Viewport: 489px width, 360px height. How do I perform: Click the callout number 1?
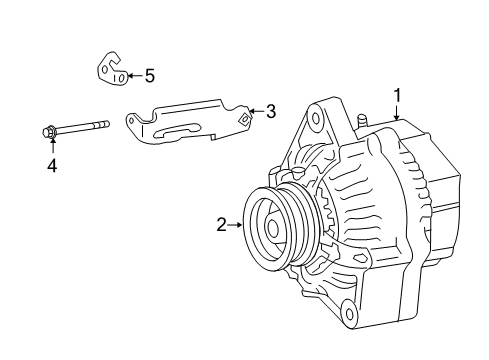tap(397, 95)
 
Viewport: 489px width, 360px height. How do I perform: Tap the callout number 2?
tap(222, 225)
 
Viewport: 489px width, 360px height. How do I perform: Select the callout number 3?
tap(270, 112)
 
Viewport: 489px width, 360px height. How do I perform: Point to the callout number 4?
tap(51, 165)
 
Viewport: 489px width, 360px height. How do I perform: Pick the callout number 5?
tap(149, 75)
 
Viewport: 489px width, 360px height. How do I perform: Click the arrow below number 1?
tap(397, 113)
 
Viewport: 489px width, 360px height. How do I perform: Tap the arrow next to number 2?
tap(238, 225)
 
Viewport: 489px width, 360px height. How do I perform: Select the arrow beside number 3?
tap(256, 112)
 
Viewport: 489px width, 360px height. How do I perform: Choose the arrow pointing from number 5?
tap(134, 75)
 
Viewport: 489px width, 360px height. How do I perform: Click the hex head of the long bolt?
tap(50, 129)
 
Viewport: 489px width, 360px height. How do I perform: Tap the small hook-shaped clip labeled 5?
tap(110, 71)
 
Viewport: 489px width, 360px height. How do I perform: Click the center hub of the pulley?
tap(272, 228)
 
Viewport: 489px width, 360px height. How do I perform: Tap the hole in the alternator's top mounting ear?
tap(317, 118)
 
